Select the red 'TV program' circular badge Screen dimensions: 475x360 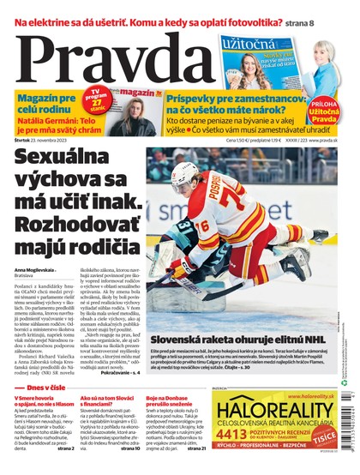tap(101, 98)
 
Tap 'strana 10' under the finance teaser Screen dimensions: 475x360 tap(129, 448)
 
